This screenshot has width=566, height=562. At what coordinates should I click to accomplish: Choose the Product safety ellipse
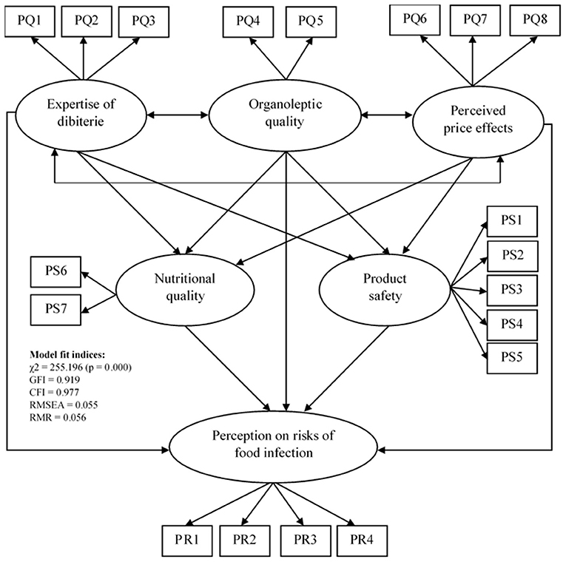tap(385, 287)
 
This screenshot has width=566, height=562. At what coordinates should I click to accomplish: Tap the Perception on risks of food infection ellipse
tap(285, 444)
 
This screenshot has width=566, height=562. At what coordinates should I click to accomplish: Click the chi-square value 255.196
tap(73, 368)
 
